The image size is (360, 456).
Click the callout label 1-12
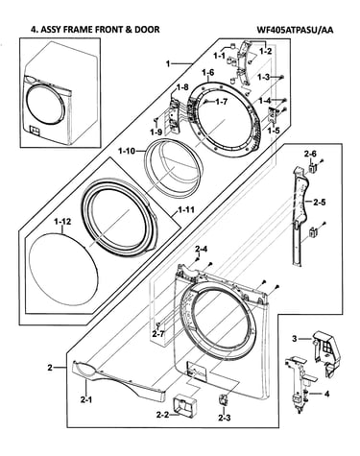(62, 222)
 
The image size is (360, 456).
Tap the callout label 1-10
(127, 151)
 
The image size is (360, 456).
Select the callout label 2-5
(319, 203)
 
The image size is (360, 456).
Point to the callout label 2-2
(163, 415)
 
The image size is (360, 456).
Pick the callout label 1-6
(208, 73)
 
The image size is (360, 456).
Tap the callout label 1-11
(186, 210)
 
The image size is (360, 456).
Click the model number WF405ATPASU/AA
(295, 30)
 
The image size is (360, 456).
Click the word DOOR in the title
(148, 30)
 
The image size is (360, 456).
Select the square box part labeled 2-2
(184, 405)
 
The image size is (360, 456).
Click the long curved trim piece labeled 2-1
(119, 380)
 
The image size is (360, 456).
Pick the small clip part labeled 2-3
(223, 400)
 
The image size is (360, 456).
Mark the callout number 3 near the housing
(295, 338)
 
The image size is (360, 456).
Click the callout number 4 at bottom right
(326, 394)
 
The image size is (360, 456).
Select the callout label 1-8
(182, 86)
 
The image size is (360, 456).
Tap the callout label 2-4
(202, 249)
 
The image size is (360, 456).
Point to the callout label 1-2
(266, 51)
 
